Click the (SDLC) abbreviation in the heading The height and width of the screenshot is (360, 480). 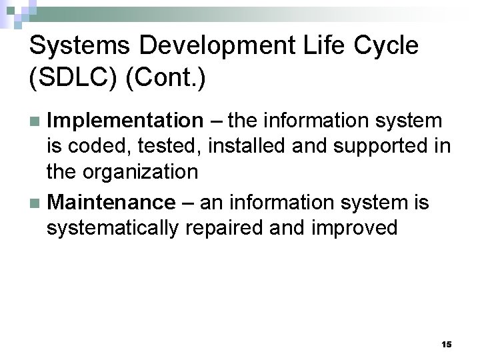click(73, 79)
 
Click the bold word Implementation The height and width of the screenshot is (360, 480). click(125, 121)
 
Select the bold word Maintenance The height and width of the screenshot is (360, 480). click(112, 201)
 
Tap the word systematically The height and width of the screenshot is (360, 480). click(113, 228)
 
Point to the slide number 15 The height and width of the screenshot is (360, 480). click(447, 344)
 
